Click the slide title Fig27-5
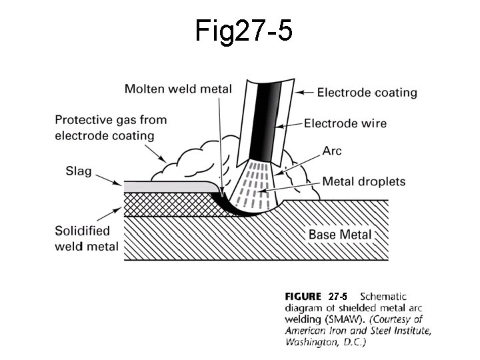coord(244,31)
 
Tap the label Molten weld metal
coord(178,89)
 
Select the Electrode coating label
coord(367,93)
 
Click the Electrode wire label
coord(345,123)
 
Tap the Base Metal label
coord(339,234)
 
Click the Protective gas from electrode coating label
coord(110,128)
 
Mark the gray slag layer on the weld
coord(167,185)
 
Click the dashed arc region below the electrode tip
coord(257,183)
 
